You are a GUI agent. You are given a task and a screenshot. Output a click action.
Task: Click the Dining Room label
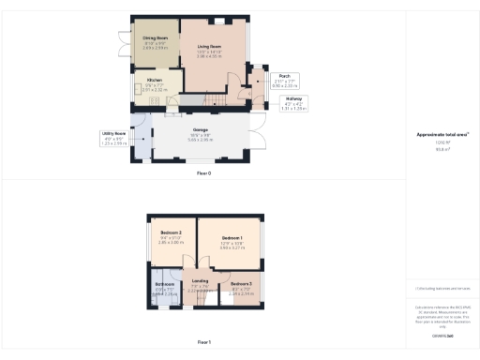pyautogui.click(x=156, y=40)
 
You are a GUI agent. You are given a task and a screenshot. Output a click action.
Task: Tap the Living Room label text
pyautogui.click(x=208, y=45)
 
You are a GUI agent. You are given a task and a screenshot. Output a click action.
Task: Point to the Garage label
pyautogui.click(x=201, y=129)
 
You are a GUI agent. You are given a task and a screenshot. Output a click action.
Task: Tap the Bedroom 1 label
pyautogui.click(x=232, y=239)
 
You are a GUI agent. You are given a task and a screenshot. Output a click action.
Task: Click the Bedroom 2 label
pyautogui.click(x=171, y=232)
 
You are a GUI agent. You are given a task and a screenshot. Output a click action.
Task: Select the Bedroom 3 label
pyautogui.click(x=241, y=283)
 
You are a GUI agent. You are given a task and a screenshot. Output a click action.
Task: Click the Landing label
pyautogui.click(x=201, y=280)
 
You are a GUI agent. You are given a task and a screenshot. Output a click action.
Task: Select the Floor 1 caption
pyautogui.click(x=203, y=343)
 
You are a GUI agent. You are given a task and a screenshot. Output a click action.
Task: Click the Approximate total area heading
pyautogui.click(x=442, y=135)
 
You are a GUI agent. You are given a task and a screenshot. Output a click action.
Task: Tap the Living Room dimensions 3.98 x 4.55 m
pyautogui.click(x=208, y=56)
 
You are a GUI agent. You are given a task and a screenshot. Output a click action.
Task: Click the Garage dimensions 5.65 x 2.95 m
pyautogui.click(x=201, y=140)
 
